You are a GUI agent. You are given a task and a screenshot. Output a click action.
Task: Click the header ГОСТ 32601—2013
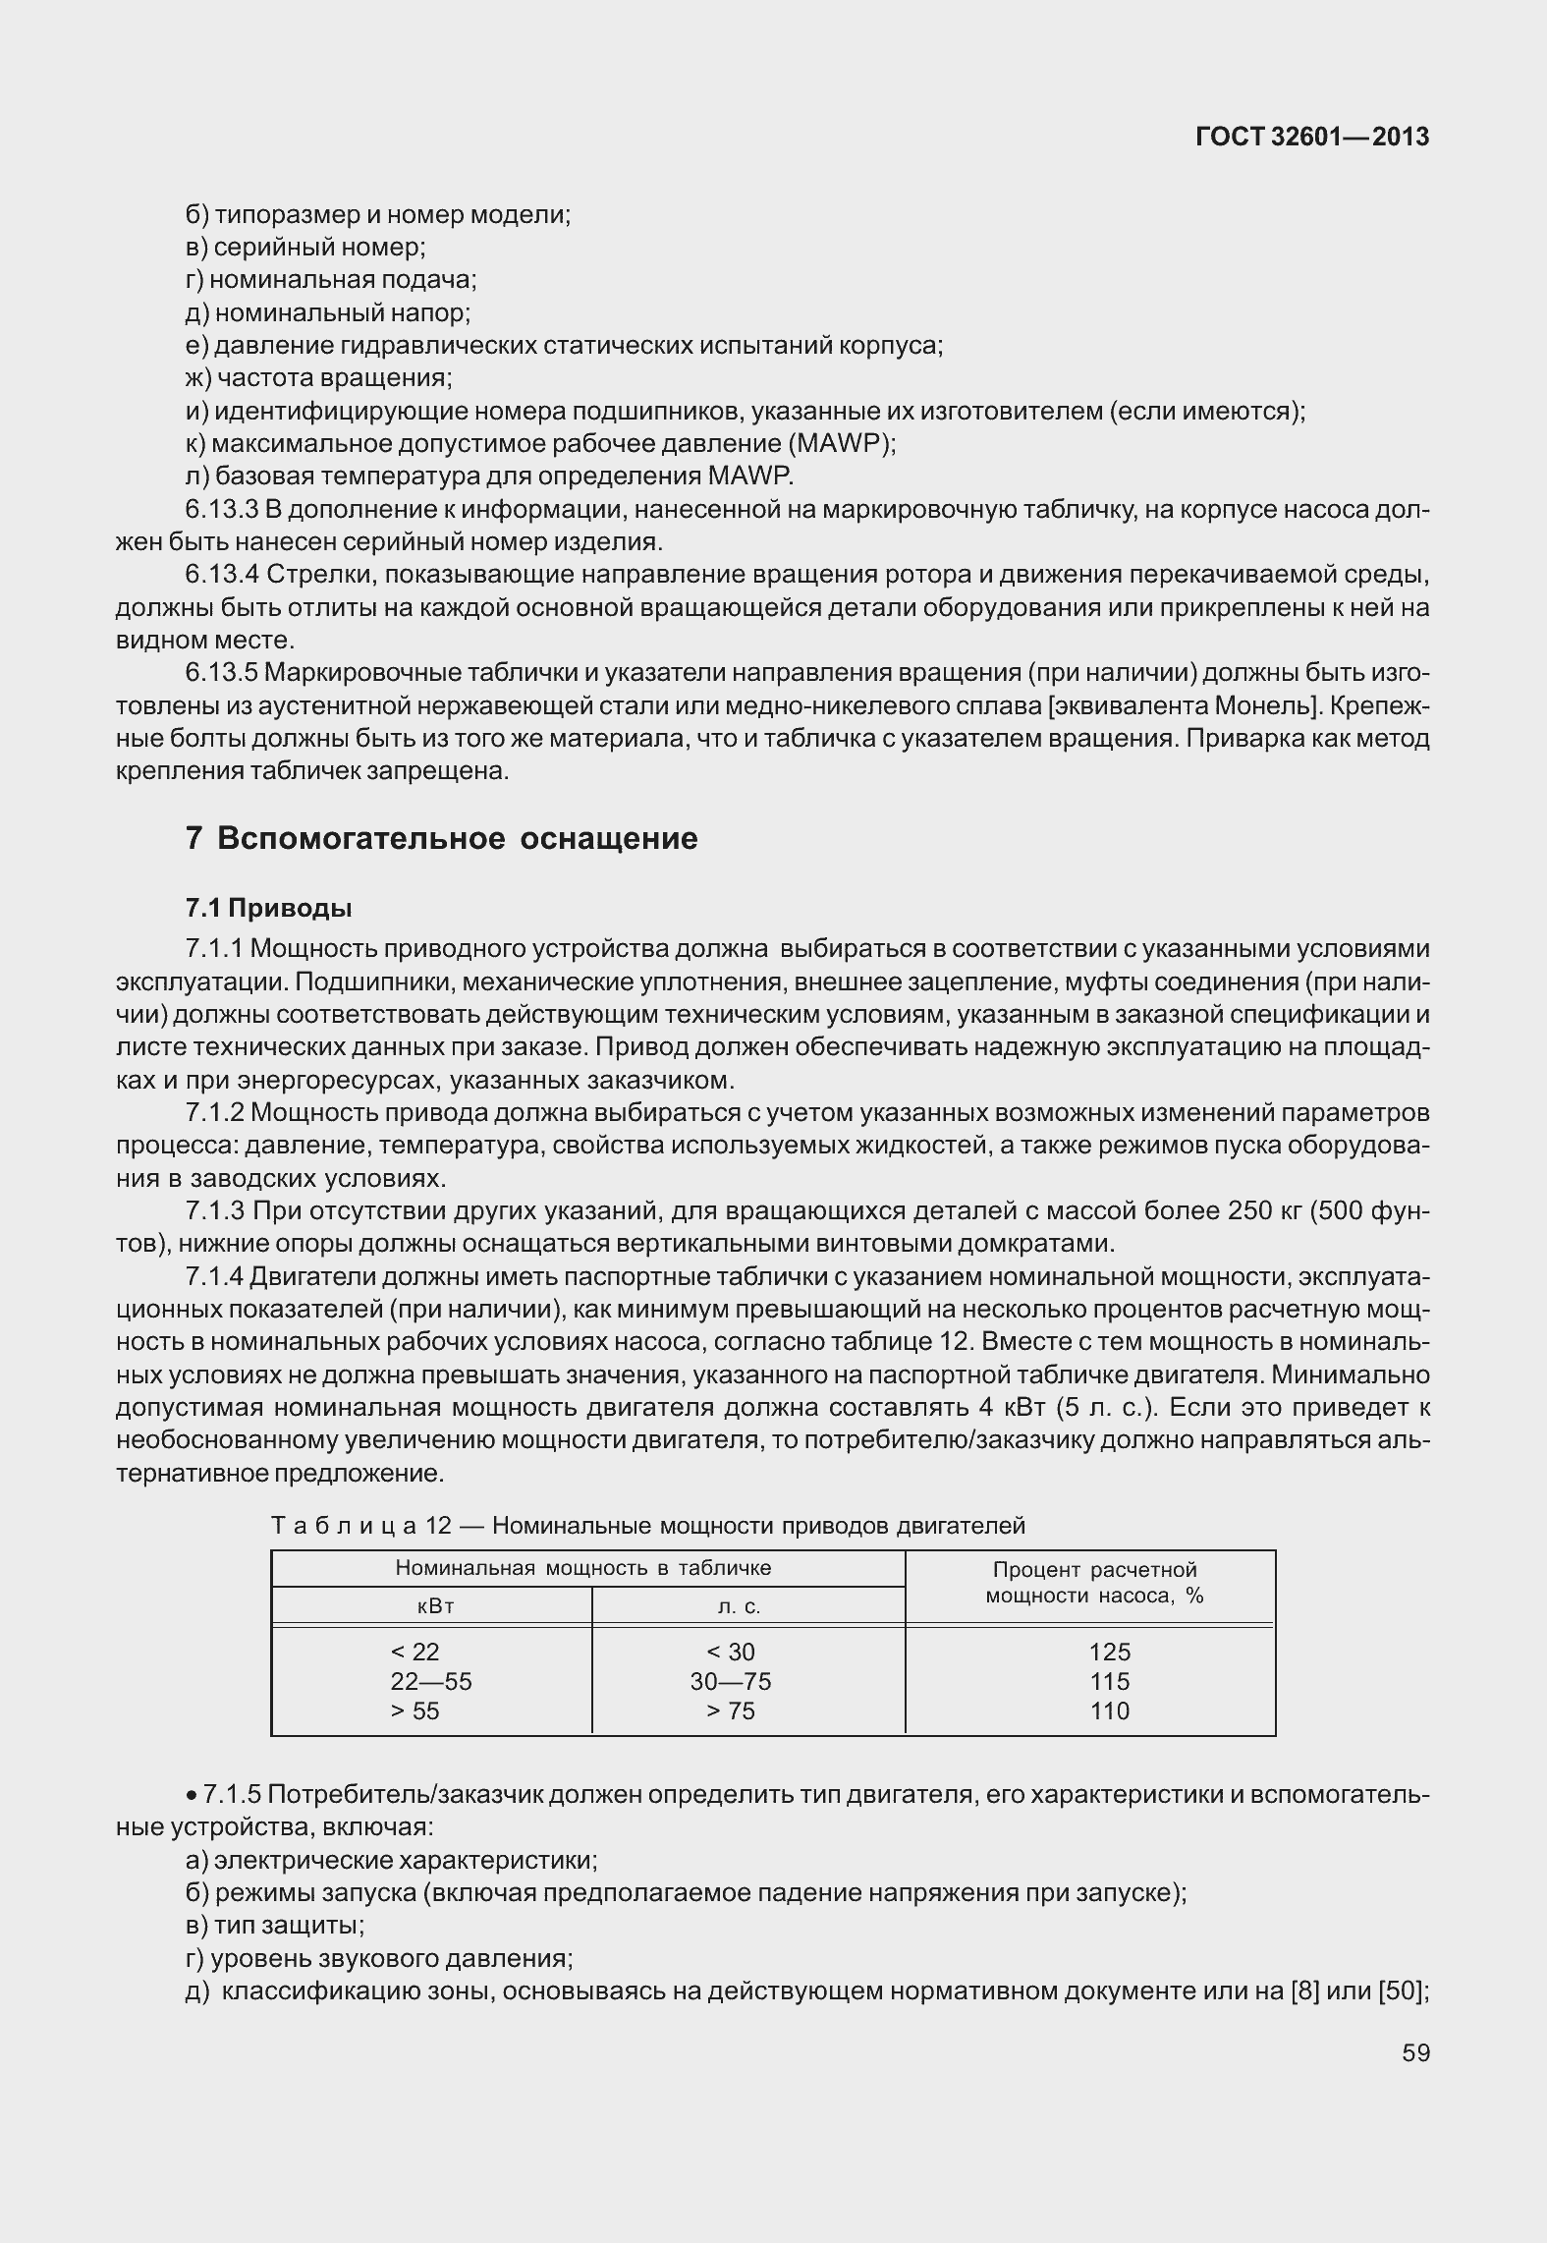[1311, 138]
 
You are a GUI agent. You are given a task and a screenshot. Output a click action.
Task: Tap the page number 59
[1415, 2052]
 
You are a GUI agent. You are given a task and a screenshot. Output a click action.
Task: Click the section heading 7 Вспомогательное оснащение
[441, 838]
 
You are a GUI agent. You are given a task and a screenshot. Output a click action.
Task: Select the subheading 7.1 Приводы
[268, 907]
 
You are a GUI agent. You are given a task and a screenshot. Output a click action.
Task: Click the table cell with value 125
[1109, 1652]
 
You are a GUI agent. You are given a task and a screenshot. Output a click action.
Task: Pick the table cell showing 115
[1109, 1681]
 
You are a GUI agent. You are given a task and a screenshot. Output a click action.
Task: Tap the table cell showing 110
[1109, 1710]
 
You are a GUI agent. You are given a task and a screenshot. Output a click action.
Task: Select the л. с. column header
[739, 1606]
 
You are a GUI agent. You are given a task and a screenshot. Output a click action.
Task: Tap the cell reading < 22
[414, 1652]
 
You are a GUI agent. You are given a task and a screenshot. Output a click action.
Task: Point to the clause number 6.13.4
[221, 574]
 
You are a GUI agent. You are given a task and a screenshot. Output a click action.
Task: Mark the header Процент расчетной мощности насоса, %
[1094, 1582]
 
